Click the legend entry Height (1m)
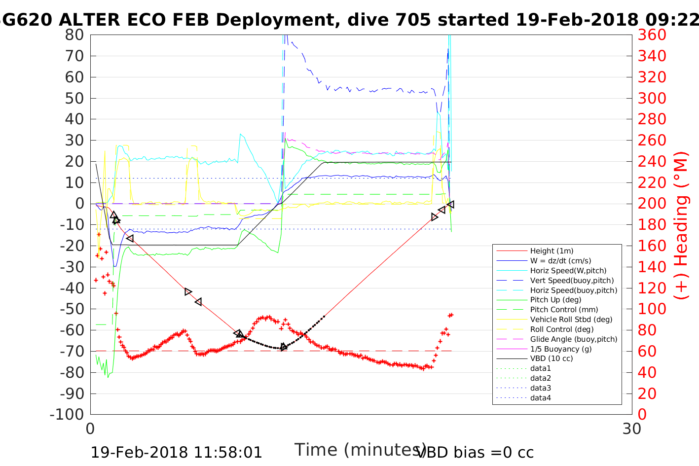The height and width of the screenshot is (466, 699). coord(552,251)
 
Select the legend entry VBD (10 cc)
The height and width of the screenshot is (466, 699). coord(552,358)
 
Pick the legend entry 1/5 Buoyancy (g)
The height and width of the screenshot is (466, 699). coord(561,349)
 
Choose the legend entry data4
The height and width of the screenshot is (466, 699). coord(541,397)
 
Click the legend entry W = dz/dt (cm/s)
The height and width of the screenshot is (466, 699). coord(560,261)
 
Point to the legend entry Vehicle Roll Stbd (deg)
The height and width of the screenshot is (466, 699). coord(571,320)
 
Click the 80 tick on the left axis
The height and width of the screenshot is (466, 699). coord(75,35)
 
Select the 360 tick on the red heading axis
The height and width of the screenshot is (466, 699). coord(652,35)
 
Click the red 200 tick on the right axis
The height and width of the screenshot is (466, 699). coord(652,204)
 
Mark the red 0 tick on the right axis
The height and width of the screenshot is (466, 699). coord(643,414)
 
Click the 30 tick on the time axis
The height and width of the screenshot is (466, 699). coord(632,429)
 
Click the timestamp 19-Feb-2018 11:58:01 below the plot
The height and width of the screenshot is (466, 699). coord(177,452)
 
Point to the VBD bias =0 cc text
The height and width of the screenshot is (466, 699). coord(475,452)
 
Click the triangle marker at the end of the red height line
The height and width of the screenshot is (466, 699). coord(450,204)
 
